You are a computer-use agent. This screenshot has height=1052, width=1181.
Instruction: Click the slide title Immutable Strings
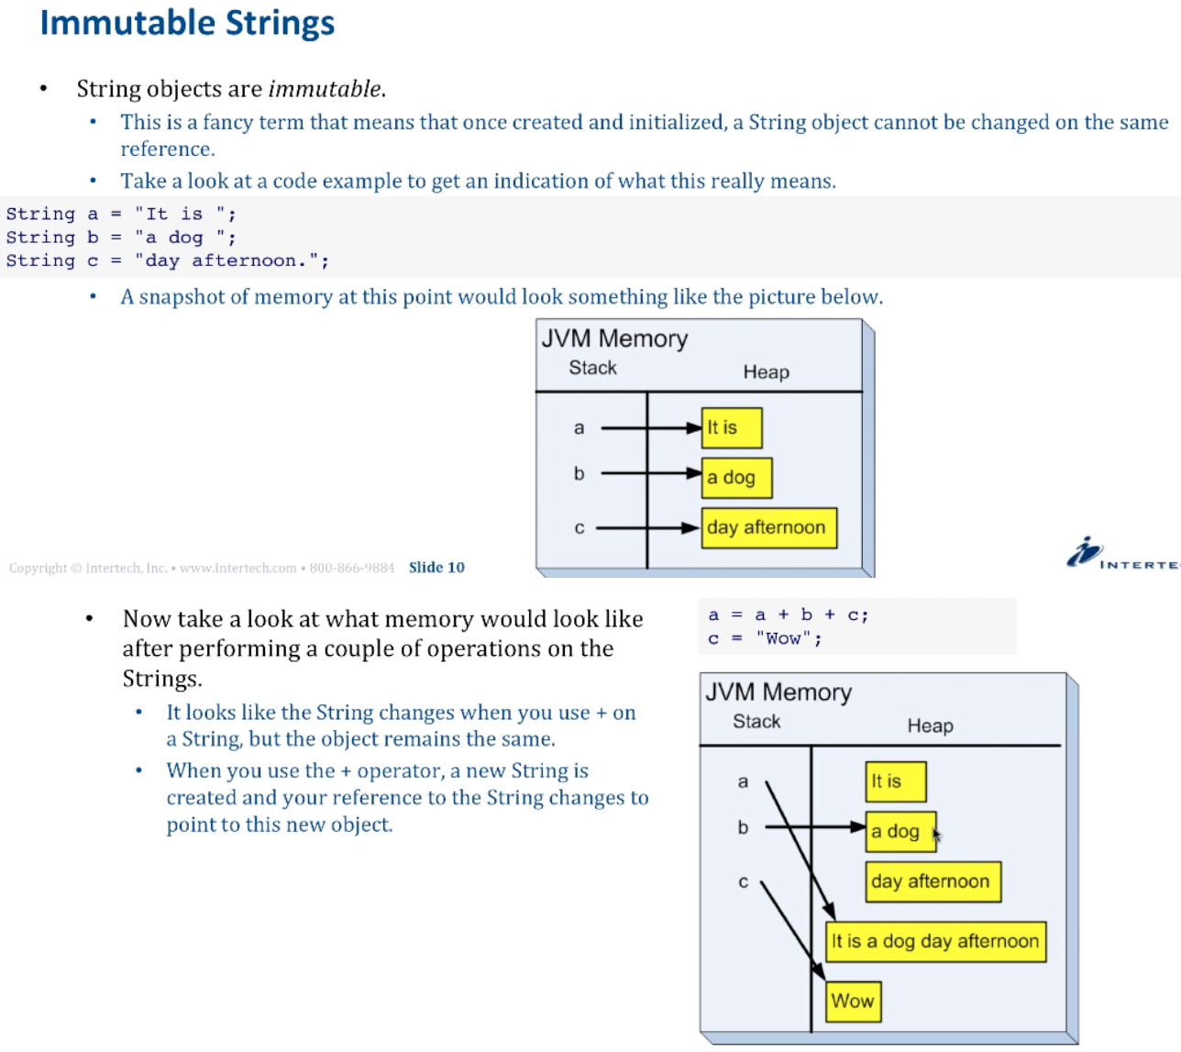[x=187, y=23]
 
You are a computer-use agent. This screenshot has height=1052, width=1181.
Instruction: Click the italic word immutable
[x=325, y=89]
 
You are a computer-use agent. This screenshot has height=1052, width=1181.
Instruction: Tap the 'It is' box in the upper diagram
[x=731, y=427]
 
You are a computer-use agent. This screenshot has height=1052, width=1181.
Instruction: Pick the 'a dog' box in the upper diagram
[x=735, y=478]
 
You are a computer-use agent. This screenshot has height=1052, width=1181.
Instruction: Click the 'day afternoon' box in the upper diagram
[x=768, y=527]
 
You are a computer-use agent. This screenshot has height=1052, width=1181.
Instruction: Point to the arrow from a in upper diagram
[x=646, y=427]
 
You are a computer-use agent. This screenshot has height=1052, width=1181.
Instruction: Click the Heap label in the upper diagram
[x=766, y=372]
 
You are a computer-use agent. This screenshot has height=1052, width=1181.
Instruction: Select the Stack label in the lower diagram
[x=756, y=722]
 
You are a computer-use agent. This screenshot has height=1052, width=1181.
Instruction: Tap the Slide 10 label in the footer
[x=436, y=568]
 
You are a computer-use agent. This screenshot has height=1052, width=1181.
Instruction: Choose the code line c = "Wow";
[x=765, y=638]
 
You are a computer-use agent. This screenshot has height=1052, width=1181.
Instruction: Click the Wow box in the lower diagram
[x=853, y=1001]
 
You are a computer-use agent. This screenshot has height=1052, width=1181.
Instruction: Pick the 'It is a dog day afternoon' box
[x=935, y=941]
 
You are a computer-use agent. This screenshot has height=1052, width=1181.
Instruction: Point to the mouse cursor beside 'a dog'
[x=936, y=834]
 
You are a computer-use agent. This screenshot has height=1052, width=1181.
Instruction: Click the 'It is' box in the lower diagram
[x=894, y=781]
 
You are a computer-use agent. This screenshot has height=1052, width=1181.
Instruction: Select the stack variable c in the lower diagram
[x=743, y=882]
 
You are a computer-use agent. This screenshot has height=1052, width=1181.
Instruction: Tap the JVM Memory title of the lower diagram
[x=778, y=692]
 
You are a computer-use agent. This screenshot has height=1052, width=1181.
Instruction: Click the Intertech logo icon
[x=1082, y=552]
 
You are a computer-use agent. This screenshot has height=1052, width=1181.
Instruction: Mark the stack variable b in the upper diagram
[x=579, y=474]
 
